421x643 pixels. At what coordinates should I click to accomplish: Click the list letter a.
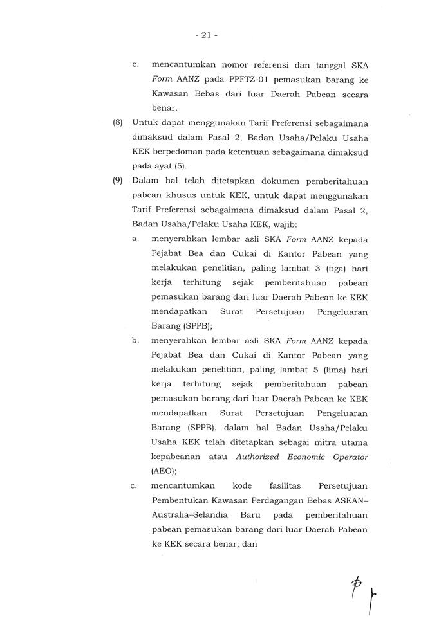point(135,239)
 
